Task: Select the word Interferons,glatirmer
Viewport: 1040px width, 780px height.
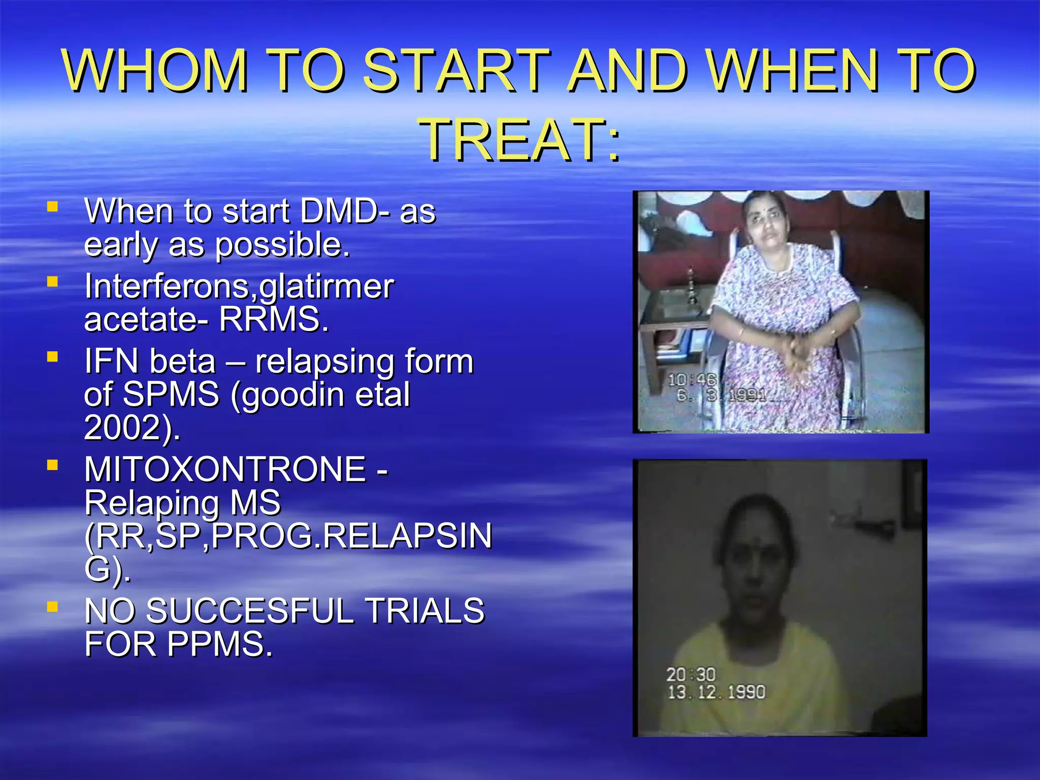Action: point(239,286)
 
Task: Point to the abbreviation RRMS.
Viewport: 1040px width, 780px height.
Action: point(274,319)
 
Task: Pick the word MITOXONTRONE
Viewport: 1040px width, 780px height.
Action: point(225,469)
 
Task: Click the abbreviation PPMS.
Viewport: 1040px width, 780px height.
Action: point(220,644)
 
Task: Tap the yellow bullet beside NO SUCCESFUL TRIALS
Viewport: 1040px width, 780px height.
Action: point(52,606)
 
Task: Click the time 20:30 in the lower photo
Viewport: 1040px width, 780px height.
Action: point(691,674)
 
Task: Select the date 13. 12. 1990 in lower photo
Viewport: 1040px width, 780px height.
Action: point(716,692)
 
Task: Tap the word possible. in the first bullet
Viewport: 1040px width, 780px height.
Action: point(282,245)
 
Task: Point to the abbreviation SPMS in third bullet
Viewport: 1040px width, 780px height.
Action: point(171,395)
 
